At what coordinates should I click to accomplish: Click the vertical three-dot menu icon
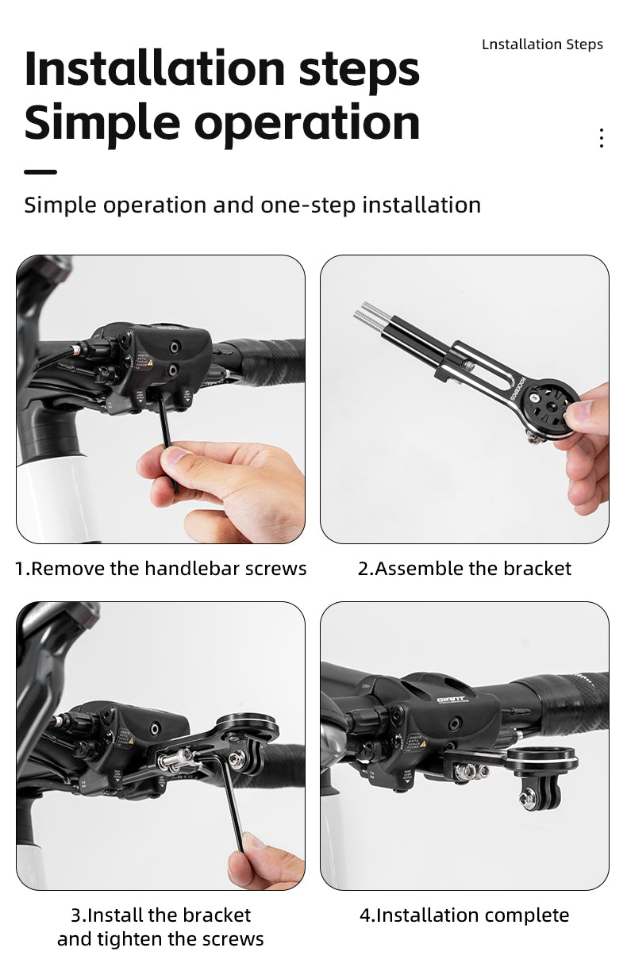[x=601, y=138]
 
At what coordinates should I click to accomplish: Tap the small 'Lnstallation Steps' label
[x=542, y=44]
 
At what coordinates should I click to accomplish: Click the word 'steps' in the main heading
[x=359, y=70]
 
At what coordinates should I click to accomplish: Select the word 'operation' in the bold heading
[x=307, y=125]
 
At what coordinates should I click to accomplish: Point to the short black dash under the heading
[x=40, y=172]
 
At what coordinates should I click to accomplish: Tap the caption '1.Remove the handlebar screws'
[x=160, y=568]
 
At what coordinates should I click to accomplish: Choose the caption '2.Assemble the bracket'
[x=464, y=568]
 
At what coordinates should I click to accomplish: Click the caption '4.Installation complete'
[x=464, y=915]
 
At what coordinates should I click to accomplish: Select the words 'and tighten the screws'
[x=160, y=939]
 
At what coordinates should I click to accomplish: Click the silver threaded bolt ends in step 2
[x=372, y=313]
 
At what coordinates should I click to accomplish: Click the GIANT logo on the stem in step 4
[x=451, y=700]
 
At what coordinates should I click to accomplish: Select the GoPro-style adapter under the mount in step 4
[x=540, y=792]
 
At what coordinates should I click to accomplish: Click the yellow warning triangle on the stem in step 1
[x=150, y=363]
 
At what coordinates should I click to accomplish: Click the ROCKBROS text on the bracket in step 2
[x=517, y=388]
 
